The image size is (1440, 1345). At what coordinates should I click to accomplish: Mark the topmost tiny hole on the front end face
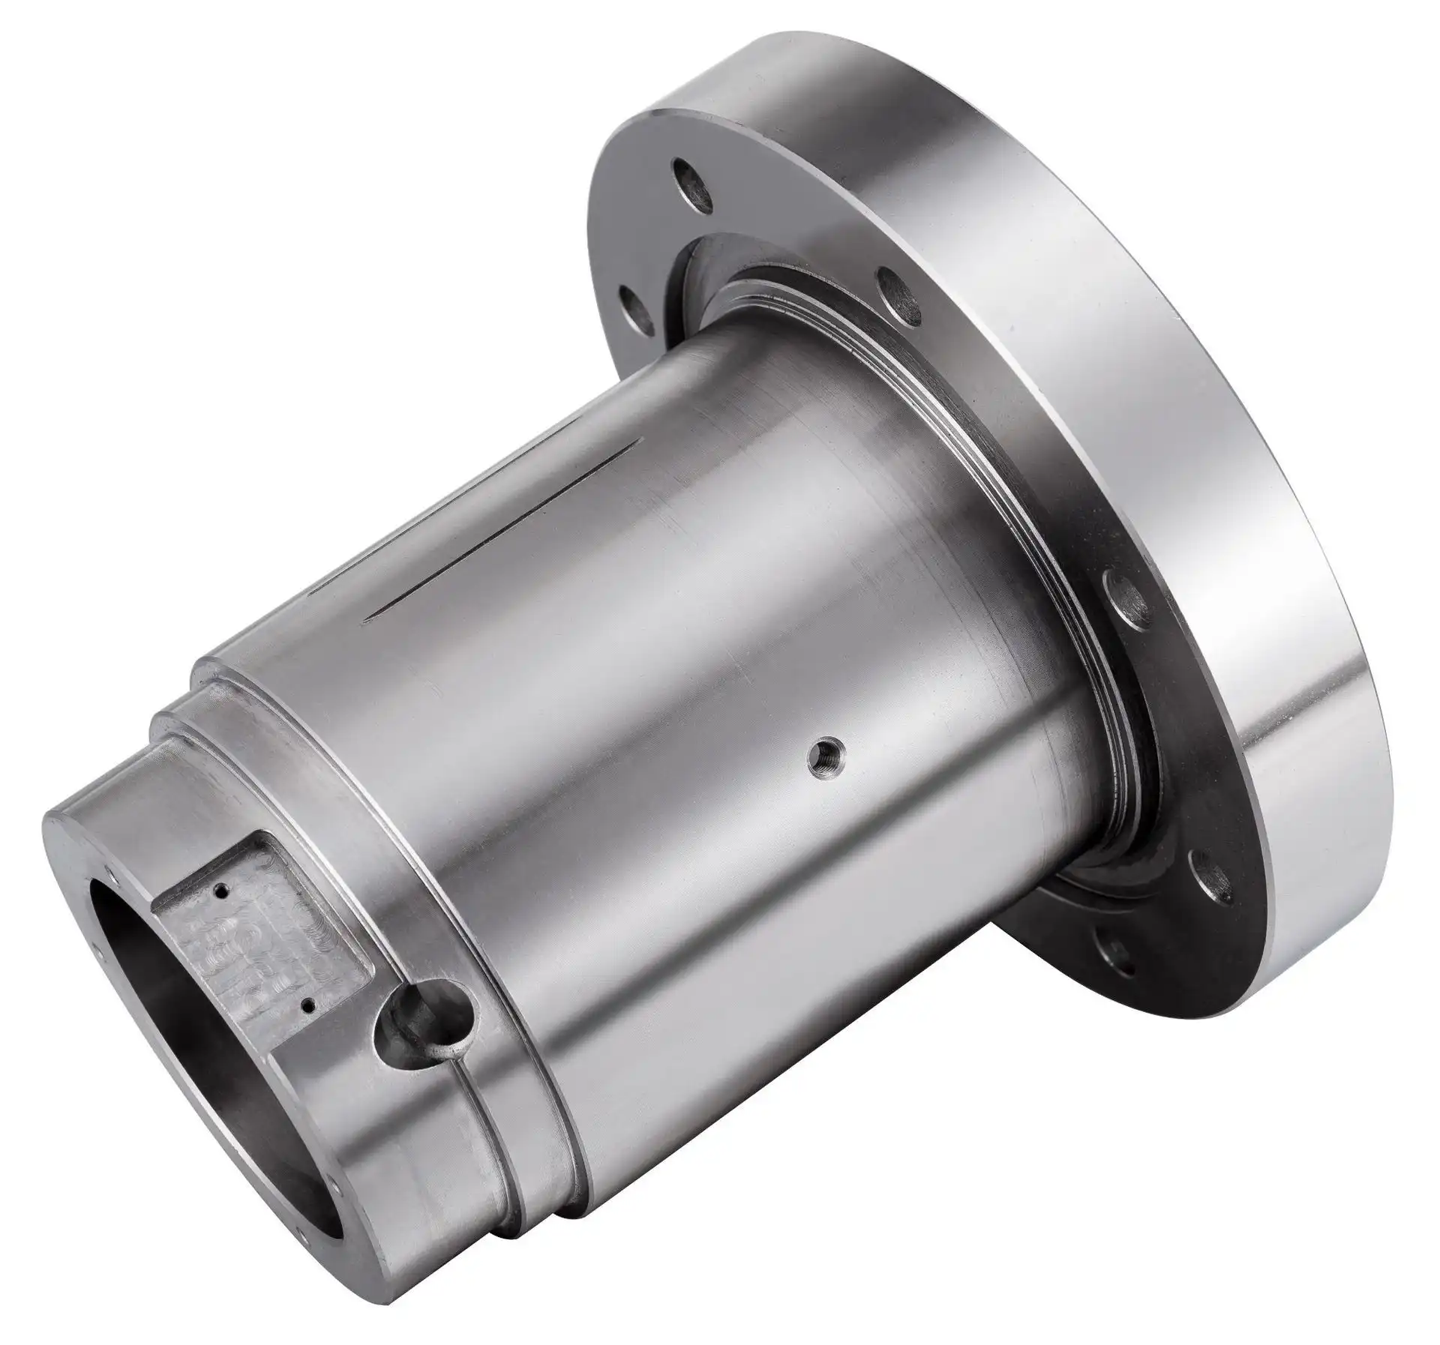pyautogui.click(x=110, y=873)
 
